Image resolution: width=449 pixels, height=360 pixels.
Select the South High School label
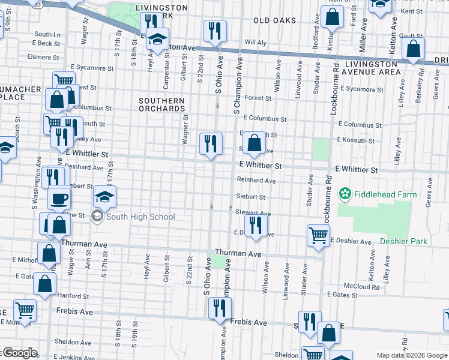140,217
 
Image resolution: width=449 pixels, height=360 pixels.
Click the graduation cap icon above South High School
104,196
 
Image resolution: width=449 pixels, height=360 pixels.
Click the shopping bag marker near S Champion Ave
255,143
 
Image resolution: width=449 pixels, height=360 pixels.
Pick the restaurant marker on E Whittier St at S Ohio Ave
211,143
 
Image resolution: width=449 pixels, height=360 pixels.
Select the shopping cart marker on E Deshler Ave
318,235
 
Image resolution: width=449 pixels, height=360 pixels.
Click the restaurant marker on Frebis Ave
220,308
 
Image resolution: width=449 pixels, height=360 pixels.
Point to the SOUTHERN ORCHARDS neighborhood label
162,104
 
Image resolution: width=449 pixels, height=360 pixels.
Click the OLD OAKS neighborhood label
274,20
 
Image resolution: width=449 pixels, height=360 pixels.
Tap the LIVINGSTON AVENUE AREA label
366,68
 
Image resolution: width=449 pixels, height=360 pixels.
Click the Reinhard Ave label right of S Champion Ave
256,180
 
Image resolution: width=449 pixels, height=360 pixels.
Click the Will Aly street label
255,43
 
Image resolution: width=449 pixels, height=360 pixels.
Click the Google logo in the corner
19,353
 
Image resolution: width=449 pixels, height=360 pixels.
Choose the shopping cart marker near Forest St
63,80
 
